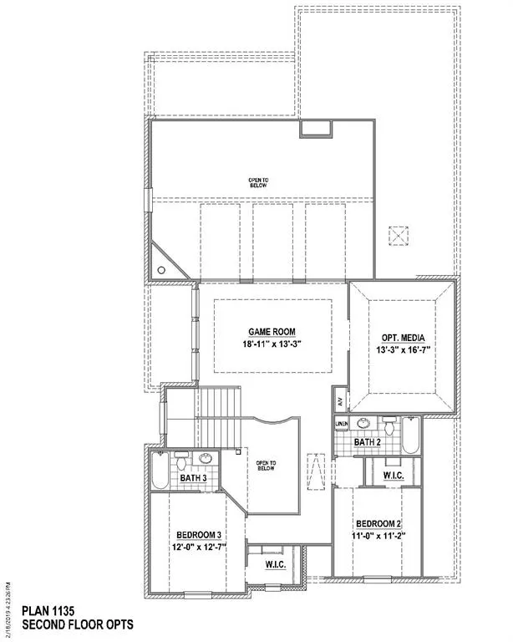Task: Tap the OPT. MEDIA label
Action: pyautogui.click(x=403, y=338)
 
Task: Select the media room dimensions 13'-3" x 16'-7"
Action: pyautogui.click(x=403, y=351)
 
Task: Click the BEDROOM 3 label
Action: pyautogui.click(x=199, y=535)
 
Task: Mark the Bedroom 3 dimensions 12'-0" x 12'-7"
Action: pyautogui.click(x=199, y=548)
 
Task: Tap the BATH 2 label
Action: pyautogui.click(x=368, y=441)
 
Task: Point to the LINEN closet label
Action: pyautogui.click(x=341, y=425)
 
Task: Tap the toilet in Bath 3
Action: pyautogui.click(x=181, y=460)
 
